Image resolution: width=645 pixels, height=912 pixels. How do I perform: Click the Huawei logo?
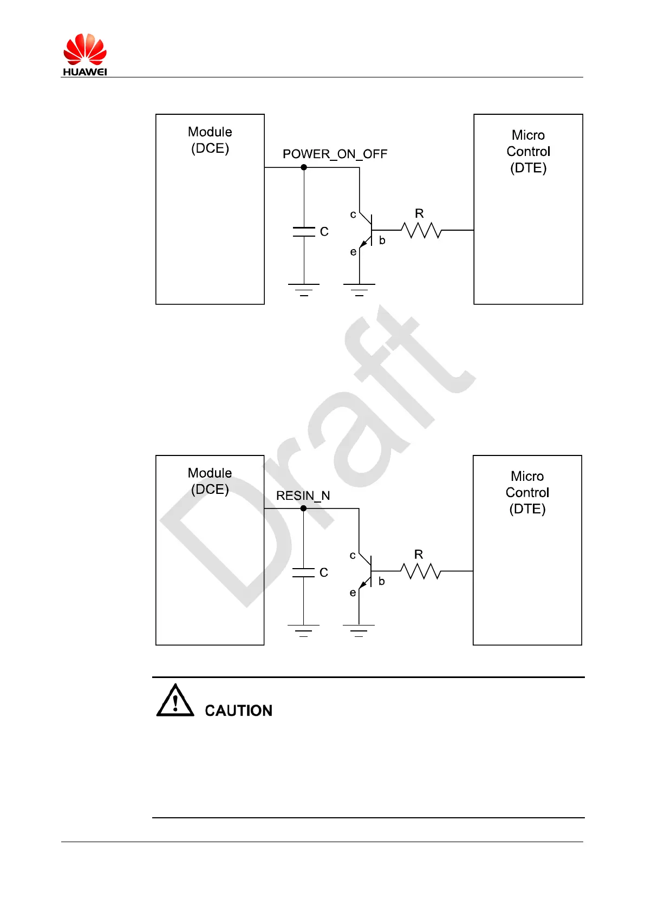click(x=84, y=54)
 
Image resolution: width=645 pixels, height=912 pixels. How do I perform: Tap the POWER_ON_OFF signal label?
click(x=335, y=154)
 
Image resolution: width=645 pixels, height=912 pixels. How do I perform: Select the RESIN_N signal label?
click(x=303, y=496)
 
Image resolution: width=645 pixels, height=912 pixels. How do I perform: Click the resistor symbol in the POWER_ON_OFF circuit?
click(x=421, y=230)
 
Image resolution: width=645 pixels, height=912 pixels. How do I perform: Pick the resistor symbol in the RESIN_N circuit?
click(x=420, y=571)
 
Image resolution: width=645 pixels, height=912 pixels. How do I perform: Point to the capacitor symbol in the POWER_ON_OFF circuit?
click(x=304, y=232)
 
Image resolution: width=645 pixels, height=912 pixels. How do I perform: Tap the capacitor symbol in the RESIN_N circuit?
click(x=303, y=572)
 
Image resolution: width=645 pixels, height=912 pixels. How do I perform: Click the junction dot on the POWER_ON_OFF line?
click(x=304, y=167)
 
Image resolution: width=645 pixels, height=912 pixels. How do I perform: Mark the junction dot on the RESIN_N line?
click(x=303, y=509)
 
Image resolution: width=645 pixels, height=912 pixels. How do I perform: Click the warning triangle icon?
click(x=175, y=701)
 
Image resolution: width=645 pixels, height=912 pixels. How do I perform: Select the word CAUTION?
click(x=238, y=711)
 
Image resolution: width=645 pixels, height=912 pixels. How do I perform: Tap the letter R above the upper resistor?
click(x=419, y=213)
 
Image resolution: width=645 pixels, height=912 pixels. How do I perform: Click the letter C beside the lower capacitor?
click(x=324, y=572)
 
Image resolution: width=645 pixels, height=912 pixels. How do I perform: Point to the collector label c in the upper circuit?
click(x=353, y=215)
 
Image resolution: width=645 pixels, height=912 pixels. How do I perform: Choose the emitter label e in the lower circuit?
click(x=353, y=593)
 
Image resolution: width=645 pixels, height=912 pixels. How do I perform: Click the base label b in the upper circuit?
click(x=382, y=240)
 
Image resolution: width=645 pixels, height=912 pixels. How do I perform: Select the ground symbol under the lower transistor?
click(x=359, y=630)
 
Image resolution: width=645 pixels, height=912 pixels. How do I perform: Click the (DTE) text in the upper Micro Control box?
click(x=528, y=168)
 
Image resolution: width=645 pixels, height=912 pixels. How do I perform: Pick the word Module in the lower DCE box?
click(x=210, y=473)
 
